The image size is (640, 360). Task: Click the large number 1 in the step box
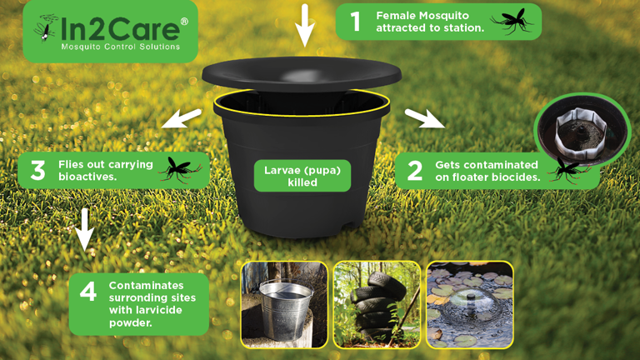[356, 21]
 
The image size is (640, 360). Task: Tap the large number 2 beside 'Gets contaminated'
[415, 171]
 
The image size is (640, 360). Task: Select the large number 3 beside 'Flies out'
[38, 170]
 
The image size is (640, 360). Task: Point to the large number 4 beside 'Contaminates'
[88, 292]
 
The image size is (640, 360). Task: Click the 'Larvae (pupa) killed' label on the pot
[302, 176]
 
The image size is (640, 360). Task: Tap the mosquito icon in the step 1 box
[512, 21]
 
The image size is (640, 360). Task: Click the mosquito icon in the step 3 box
[180, 169]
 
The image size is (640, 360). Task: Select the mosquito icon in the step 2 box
[568, 170]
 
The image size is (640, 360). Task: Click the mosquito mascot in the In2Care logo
[47, 27]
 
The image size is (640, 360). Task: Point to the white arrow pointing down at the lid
[305, 24]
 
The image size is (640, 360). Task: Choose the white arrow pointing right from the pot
[425, 118]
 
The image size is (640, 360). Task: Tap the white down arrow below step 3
[84, 229]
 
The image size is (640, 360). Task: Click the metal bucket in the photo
[286, 309]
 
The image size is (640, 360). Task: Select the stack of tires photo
[377, 305]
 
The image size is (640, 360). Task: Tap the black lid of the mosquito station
[302, 73]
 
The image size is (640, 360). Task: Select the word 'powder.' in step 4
[131, 322]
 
